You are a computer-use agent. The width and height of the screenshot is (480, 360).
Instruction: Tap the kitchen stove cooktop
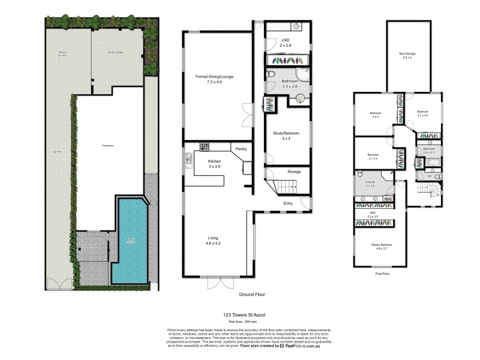(x=205, y=147)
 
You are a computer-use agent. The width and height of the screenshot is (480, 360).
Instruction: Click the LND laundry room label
(x=277, y=41)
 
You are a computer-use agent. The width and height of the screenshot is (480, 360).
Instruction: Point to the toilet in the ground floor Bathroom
(x=271, y=74)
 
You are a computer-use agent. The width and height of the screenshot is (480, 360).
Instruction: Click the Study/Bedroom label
(x=286, y=133)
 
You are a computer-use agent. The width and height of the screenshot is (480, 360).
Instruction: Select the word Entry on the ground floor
(x=289, y=203)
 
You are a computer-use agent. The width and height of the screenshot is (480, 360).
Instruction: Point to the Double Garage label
(x=116, y=52)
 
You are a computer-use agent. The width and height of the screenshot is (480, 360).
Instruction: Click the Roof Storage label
(x=407, y=54)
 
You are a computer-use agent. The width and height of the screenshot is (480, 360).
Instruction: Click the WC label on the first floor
(x=430, y=176)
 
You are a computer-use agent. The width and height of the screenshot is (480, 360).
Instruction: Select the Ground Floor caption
(x=252, y=295)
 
